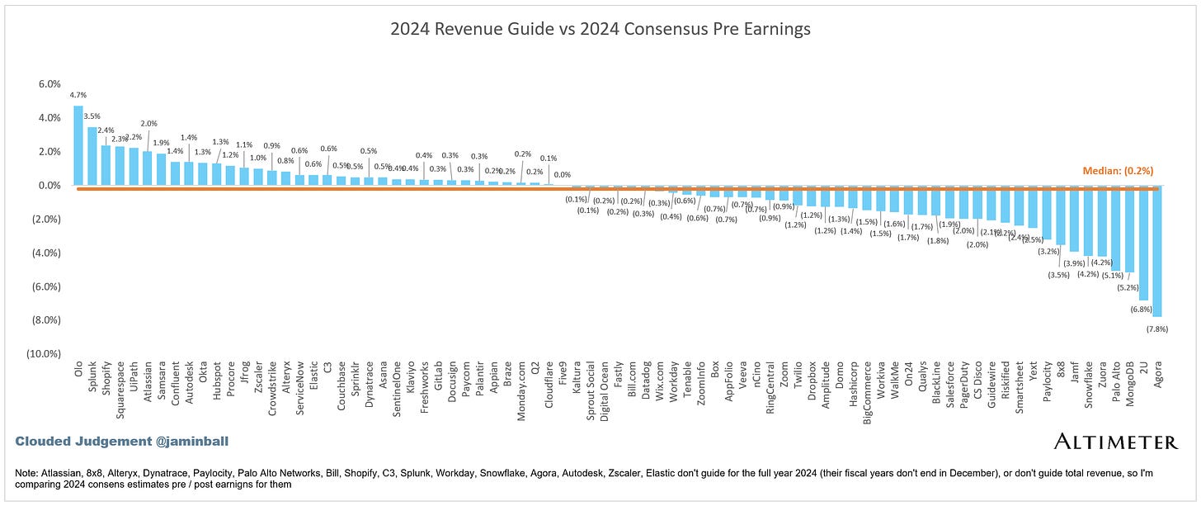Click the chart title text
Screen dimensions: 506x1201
[600, 29]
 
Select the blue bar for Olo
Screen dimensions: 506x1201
[78, 145]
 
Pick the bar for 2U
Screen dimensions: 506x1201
[1143, 244]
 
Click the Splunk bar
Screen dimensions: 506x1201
[92, 156]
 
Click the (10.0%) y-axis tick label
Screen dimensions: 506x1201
[45, 354]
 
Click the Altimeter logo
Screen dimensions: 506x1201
[1115, 442]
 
